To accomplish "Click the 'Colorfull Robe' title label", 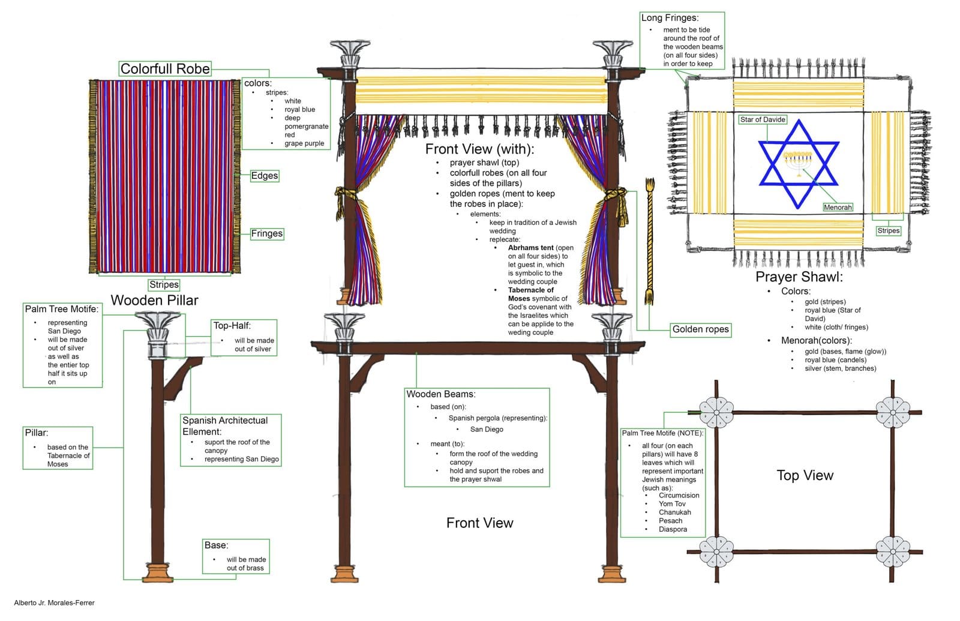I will click(165, 68).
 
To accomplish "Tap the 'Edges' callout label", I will click(264, 176).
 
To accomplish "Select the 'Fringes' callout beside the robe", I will click(266, 233).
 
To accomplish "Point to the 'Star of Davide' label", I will click(763, 119).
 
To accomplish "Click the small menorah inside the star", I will click(798, 160).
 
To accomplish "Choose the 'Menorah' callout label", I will click(838, 207).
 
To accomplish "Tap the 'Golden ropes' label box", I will click(700, 329).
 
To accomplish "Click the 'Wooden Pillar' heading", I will click(154, 300).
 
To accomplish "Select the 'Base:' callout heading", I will click(216, 545).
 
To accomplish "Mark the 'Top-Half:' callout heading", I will click(232, 325).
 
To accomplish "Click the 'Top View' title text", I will click(805, 475).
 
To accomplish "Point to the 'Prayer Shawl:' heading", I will click(799, 277).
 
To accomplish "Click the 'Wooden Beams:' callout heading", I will click(440, 394).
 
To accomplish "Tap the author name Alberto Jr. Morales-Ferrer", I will click(54, 602).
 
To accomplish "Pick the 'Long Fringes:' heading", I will click(670, 17).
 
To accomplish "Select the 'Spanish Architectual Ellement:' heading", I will click(224, 425).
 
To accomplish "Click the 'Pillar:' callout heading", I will click(36, 433).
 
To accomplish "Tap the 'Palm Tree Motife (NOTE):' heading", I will click(662, 433).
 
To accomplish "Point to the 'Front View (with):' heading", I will click(479, 149).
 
